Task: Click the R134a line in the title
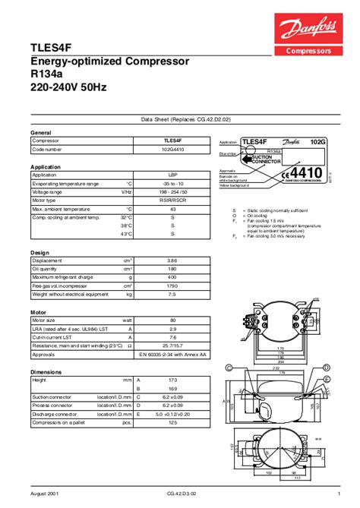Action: coord(50,74)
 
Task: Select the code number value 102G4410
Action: coord(172,150)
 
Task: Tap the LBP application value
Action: coord(172,175)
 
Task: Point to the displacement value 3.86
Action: coord(172,260)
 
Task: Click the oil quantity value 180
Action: coord(172,268)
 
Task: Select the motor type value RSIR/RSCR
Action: coord(172,200)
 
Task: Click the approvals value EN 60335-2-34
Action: coord(172,353)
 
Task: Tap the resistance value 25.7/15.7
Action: coord(172,345)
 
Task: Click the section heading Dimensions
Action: coord(46,371)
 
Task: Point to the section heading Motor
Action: coord(38,311)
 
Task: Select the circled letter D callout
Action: coord(326,367)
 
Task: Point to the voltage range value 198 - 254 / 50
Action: coord(172,191)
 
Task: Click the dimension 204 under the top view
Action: coord(279,361)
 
